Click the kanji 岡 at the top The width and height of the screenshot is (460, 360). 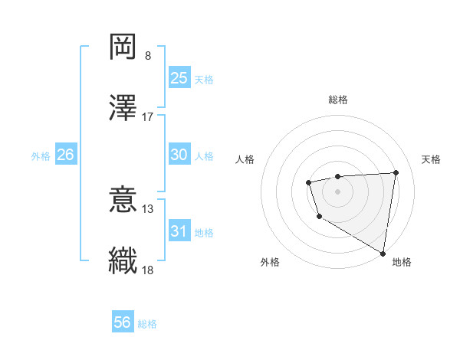coord(123,47)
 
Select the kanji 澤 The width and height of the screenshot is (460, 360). coord(123,107)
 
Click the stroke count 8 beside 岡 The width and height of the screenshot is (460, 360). coord(148,56)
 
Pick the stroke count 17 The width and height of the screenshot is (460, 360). coord(148,117)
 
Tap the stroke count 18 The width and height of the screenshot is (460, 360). coord(148,270)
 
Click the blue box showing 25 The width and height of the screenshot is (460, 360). coord(179,78)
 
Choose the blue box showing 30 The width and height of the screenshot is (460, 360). coord(179,155)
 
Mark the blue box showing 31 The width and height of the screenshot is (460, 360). coord(179,231)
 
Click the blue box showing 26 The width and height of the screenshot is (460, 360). coord(65,155)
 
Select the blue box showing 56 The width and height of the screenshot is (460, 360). coord(122,322)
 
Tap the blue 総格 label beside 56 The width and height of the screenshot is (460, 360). coord(147,324)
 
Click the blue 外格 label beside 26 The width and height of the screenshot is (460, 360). coord(41,156)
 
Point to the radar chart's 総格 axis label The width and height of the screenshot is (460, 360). coord(338,100)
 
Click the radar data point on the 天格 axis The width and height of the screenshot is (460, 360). coord(396,172)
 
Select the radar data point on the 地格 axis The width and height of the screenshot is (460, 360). coord(383,253)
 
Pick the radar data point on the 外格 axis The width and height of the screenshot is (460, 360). coord(319,217)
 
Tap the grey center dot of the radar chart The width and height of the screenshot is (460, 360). coord(338,191)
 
